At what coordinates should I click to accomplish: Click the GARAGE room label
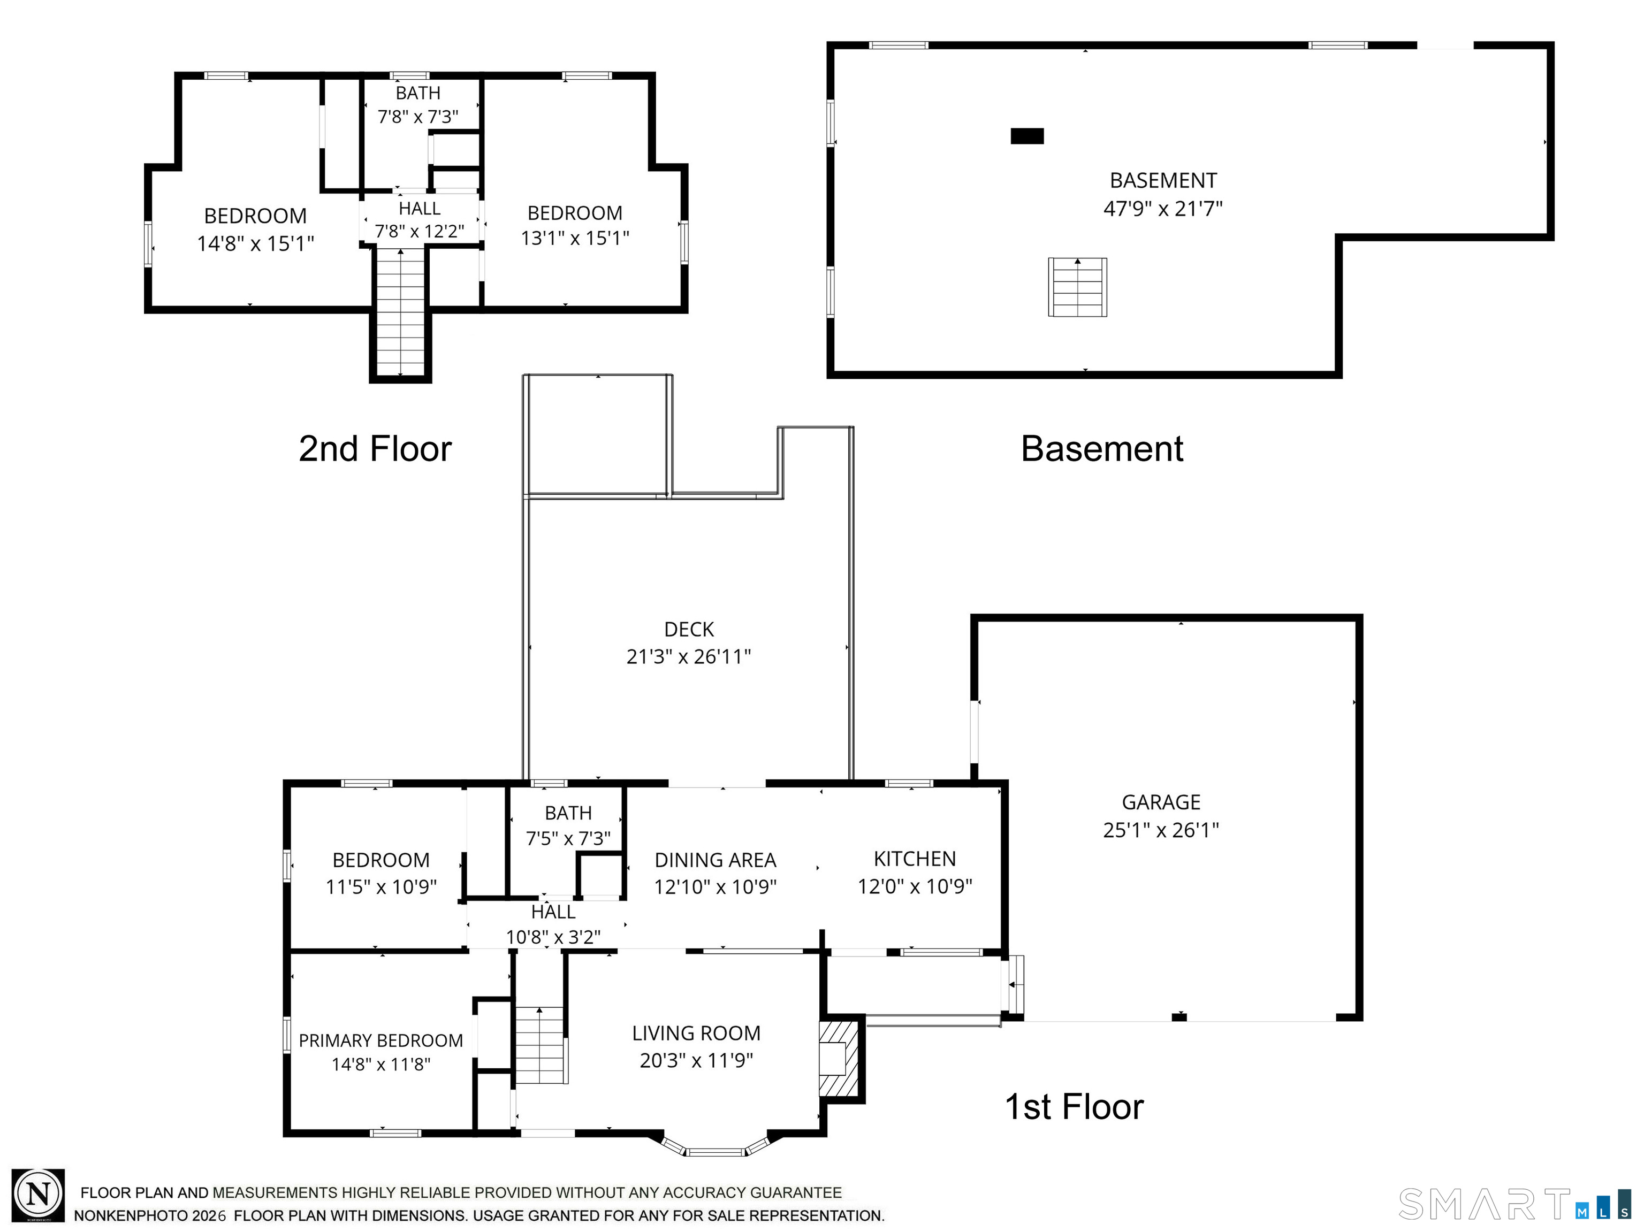pyautogui.click(x=1161, y=802)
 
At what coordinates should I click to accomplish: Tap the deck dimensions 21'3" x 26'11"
pyautogui.click(x=688, y=656)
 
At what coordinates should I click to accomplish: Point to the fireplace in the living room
pyautogui.click(x=839, y=1058)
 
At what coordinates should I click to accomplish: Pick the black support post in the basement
pyautogui.click(x=1027, y=136)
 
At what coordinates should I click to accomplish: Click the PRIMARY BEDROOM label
pyautogui.click(x=380, y=1040)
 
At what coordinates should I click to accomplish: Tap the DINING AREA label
pyautogui.click(x=715, y=860)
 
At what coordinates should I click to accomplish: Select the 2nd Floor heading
pyautogui.click(x=375, y=449)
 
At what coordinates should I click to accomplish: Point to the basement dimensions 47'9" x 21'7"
pyautogui.click(x=1163, y=209)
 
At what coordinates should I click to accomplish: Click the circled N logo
pyautogui.click(x=38, y=1195)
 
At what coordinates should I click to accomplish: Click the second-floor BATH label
pyautogui.click(x=417, y=93)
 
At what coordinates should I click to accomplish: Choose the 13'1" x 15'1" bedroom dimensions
pyautogui.click(x=575, y=238)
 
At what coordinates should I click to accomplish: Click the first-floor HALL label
pyautogui.click(x=553, y=912)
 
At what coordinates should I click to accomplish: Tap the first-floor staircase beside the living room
pyautogui.click(x=542, y=1045)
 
